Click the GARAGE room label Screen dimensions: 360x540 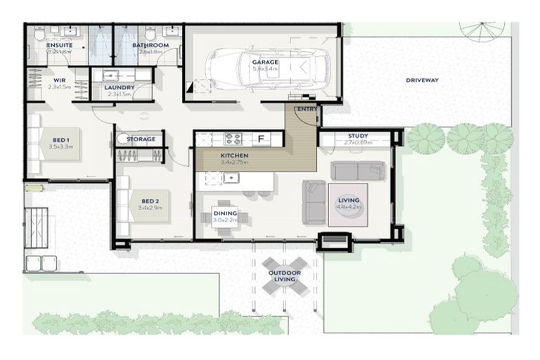click(x=265, y=62)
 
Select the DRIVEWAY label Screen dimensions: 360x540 click(x=422, y=80)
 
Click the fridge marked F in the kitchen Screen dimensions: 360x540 click(x=261, y=139)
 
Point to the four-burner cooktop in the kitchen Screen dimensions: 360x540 click(x=232, y=139)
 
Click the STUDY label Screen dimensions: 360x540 click(x=358, y=136)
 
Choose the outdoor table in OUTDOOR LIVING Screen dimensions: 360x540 click(x=283, y=276)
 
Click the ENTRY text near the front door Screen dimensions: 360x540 click(x=307, y=110)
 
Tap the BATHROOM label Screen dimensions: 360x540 click(x=150, y=45)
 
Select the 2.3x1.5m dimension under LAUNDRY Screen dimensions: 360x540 click(x=119, y=94)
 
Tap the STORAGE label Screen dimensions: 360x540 click(x=141, y=139)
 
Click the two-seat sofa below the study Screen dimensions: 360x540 click(x=358, y=171)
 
